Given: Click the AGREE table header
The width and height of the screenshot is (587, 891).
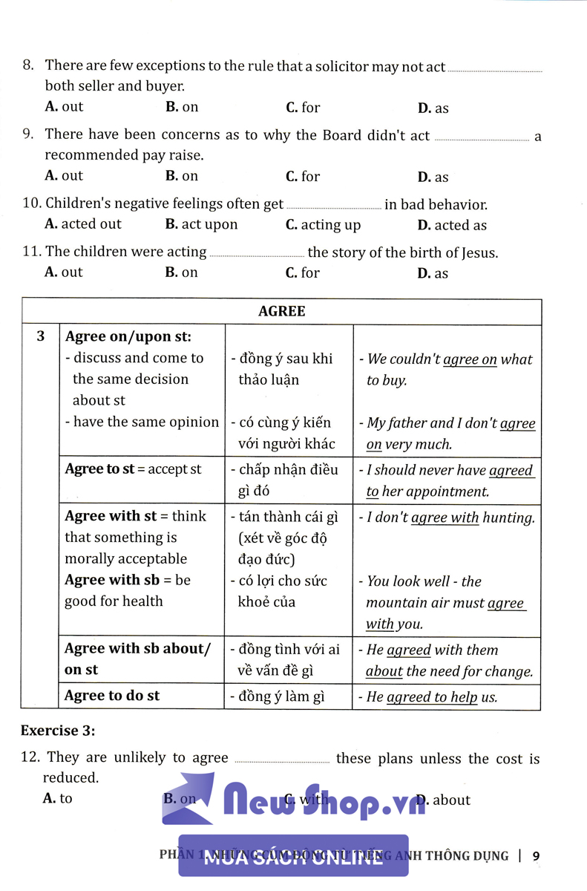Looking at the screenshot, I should click(281, 311).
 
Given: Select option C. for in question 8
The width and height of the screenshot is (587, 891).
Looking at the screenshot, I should click(303, 108).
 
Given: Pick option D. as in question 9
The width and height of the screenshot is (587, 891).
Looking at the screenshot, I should click(433, 177).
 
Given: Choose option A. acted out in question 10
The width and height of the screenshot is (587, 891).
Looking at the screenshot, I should click(83, 224).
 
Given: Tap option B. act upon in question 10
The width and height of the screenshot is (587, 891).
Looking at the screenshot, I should click(201, 224).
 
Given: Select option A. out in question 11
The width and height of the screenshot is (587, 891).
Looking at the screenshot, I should click(64, 272).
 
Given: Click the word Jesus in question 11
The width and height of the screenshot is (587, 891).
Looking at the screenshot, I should click(479, 252).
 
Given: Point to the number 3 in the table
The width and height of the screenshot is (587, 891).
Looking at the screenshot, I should click(41, 336).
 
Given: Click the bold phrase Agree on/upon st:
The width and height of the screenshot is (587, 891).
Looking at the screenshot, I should click(128, 336).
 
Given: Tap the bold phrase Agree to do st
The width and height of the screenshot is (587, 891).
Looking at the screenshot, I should click(112, 696).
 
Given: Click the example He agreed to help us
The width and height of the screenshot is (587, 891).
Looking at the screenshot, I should click(432, 696).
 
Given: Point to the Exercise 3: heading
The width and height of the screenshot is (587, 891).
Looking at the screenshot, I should click(58, 731).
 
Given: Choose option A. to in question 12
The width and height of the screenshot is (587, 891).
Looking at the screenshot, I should click(59, 799).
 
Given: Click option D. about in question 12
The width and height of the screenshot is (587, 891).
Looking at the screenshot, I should click(444, 800).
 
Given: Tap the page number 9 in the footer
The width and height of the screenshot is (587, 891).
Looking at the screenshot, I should click(536, 855).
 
